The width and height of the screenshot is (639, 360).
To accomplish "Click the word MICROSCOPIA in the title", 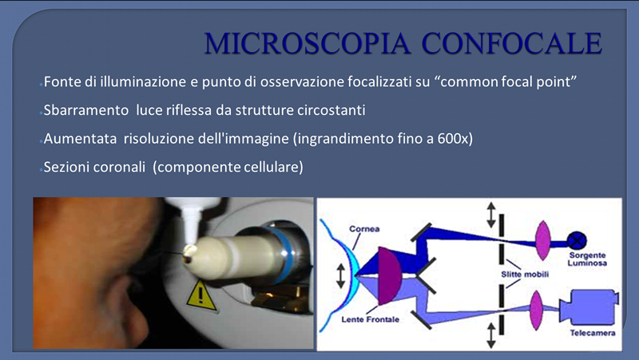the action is (307, 43).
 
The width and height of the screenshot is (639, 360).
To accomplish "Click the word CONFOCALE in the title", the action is (512, 43).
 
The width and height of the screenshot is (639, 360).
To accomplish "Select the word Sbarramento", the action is (86, 110).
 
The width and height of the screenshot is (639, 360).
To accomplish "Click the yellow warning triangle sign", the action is (200, 296).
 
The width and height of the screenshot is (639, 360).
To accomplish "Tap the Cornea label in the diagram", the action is (364, 229).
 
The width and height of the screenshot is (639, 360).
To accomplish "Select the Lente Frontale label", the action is (370, 319).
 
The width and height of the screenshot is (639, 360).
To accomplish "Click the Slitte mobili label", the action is (525, 275).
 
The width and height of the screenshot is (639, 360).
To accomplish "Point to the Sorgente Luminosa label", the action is (587, 259).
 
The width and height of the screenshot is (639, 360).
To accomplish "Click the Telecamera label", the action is (593, 333).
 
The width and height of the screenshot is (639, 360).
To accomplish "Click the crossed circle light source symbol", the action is (576, 240).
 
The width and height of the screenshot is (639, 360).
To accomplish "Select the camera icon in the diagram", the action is (589, 307).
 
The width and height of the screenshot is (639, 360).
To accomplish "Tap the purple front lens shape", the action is (390, 275).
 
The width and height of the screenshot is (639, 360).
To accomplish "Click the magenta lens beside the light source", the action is (543, 240).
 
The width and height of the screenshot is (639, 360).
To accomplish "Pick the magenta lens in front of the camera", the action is (536, 311).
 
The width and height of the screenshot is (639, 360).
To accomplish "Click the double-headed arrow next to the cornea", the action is (341, 275).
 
